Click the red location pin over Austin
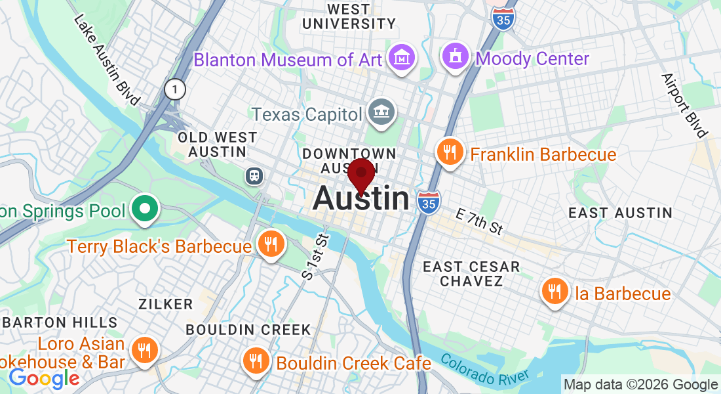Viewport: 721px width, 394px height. click(361, 175)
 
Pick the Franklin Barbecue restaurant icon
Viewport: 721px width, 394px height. click(450, 154)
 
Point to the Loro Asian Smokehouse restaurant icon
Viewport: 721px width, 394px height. click(142, 351)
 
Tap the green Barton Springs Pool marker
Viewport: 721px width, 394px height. click(144, 210)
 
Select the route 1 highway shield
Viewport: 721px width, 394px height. click(175, 89)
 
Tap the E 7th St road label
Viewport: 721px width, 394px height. click(479, 221)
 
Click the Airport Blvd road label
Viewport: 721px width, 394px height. click(685, 105)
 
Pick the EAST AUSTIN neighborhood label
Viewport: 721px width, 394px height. click(620, 213)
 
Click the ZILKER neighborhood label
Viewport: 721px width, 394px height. click(165, 304)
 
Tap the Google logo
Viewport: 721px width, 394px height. click(44, 378)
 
